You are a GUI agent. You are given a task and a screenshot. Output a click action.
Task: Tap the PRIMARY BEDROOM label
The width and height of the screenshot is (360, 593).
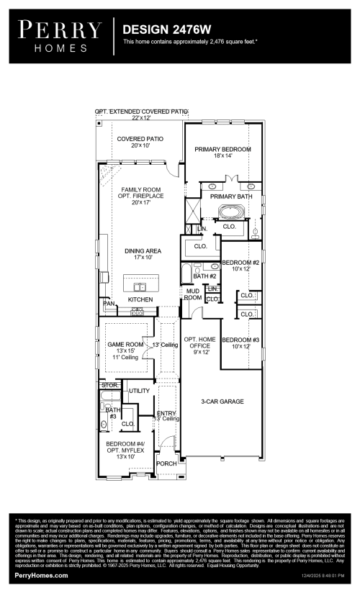click(x=222, y=152)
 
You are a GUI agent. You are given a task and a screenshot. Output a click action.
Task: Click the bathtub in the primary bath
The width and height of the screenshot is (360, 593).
click(x=232, y=212)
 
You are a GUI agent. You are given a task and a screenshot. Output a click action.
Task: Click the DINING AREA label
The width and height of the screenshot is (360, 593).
click(x=143, y=253)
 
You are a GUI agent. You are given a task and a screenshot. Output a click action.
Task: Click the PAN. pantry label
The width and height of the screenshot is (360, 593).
click(x=109, y=304)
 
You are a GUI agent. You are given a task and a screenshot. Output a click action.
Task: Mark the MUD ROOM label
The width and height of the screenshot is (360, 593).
click(x=192, y=294)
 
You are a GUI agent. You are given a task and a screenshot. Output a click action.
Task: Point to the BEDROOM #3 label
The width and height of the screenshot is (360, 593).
click(x=235, y=343)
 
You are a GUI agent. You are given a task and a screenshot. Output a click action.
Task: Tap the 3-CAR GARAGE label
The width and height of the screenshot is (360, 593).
click(x=222, y=401)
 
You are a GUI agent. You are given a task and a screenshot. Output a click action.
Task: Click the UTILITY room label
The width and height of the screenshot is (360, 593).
click(x=139, y=391)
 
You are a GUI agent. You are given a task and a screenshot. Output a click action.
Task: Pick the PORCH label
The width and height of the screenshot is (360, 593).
click(x=166, y=464)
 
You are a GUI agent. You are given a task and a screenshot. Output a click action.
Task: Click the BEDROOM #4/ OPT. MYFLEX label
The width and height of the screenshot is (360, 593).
click(x=125, y=450)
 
